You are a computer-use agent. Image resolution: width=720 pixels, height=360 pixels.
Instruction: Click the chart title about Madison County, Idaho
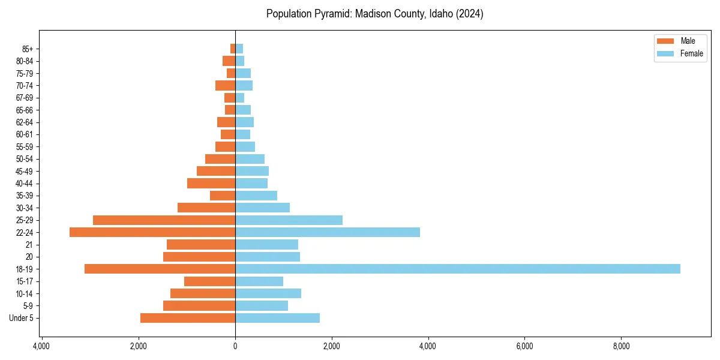[374, 14]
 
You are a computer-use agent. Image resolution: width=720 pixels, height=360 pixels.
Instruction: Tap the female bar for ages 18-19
[457, 269]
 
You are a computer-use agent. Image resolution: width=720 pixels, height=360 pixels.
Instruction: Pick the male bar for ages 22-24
[152, 232]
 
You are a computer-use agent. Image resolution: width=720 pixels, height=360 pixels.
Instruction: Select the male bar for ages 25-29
[164, 220]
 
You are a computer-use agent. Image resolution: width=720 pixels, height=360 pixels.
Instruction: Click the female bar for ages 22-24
[328, 232]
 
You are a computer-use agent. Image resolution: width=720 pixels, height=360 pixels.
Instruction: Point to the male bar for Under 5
[188, 318]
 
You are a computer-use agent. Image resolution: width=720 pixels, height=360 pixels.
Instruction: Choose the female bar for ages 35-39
[256, 196]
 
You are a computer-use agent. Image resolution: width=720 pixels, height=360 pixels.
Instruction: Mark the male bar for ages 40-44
[211, 184]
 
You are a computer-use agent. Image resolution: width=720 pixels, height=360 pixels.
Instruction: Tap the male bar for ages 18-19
[160, 269]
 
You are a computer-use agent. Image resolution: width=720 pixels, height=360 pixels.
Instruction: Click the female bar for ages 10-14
[268, 293]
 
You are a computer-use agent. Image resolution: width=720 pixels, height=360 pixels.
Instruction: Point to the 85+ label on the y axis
[26, 49]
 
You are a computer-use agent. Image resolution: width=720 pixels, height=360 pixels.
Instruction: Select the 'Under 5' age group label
[22, 318]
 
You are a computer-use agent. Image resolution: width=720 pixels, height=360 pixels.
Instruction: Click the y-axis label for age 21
[29, 245]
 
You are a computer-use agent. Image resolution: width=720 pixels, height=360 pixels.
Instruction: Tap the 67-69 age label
[25, 98]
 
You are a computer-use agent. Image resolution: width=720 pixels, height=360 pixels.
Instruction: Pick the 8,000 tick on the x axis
[621, 346]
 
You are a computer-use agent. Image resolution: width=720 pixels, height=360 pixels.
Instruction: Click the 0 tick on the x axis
[235, 346]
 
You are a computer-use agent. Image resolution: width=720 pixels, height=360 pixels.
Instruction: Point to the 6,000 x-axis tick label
[524, 346]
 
